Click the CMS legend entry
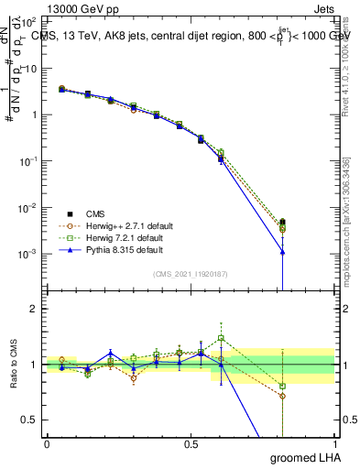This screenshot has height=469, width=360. [x=82, y=212]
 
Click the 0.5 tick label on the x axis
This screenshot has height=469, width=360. [x=191, y=444]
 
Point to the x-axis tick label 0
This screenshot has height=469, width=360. [x=47, y=444]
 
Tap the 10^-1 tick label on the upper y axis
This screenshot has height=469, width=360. [x=28, y=161]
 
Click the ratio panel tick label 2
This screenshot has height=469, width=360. [x=34, y=310]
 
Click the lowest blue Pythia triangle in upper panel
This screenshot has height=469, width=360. [x=283, y=252]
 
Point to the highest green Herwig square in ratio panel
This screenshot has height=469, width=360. [x=221, y=338]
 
